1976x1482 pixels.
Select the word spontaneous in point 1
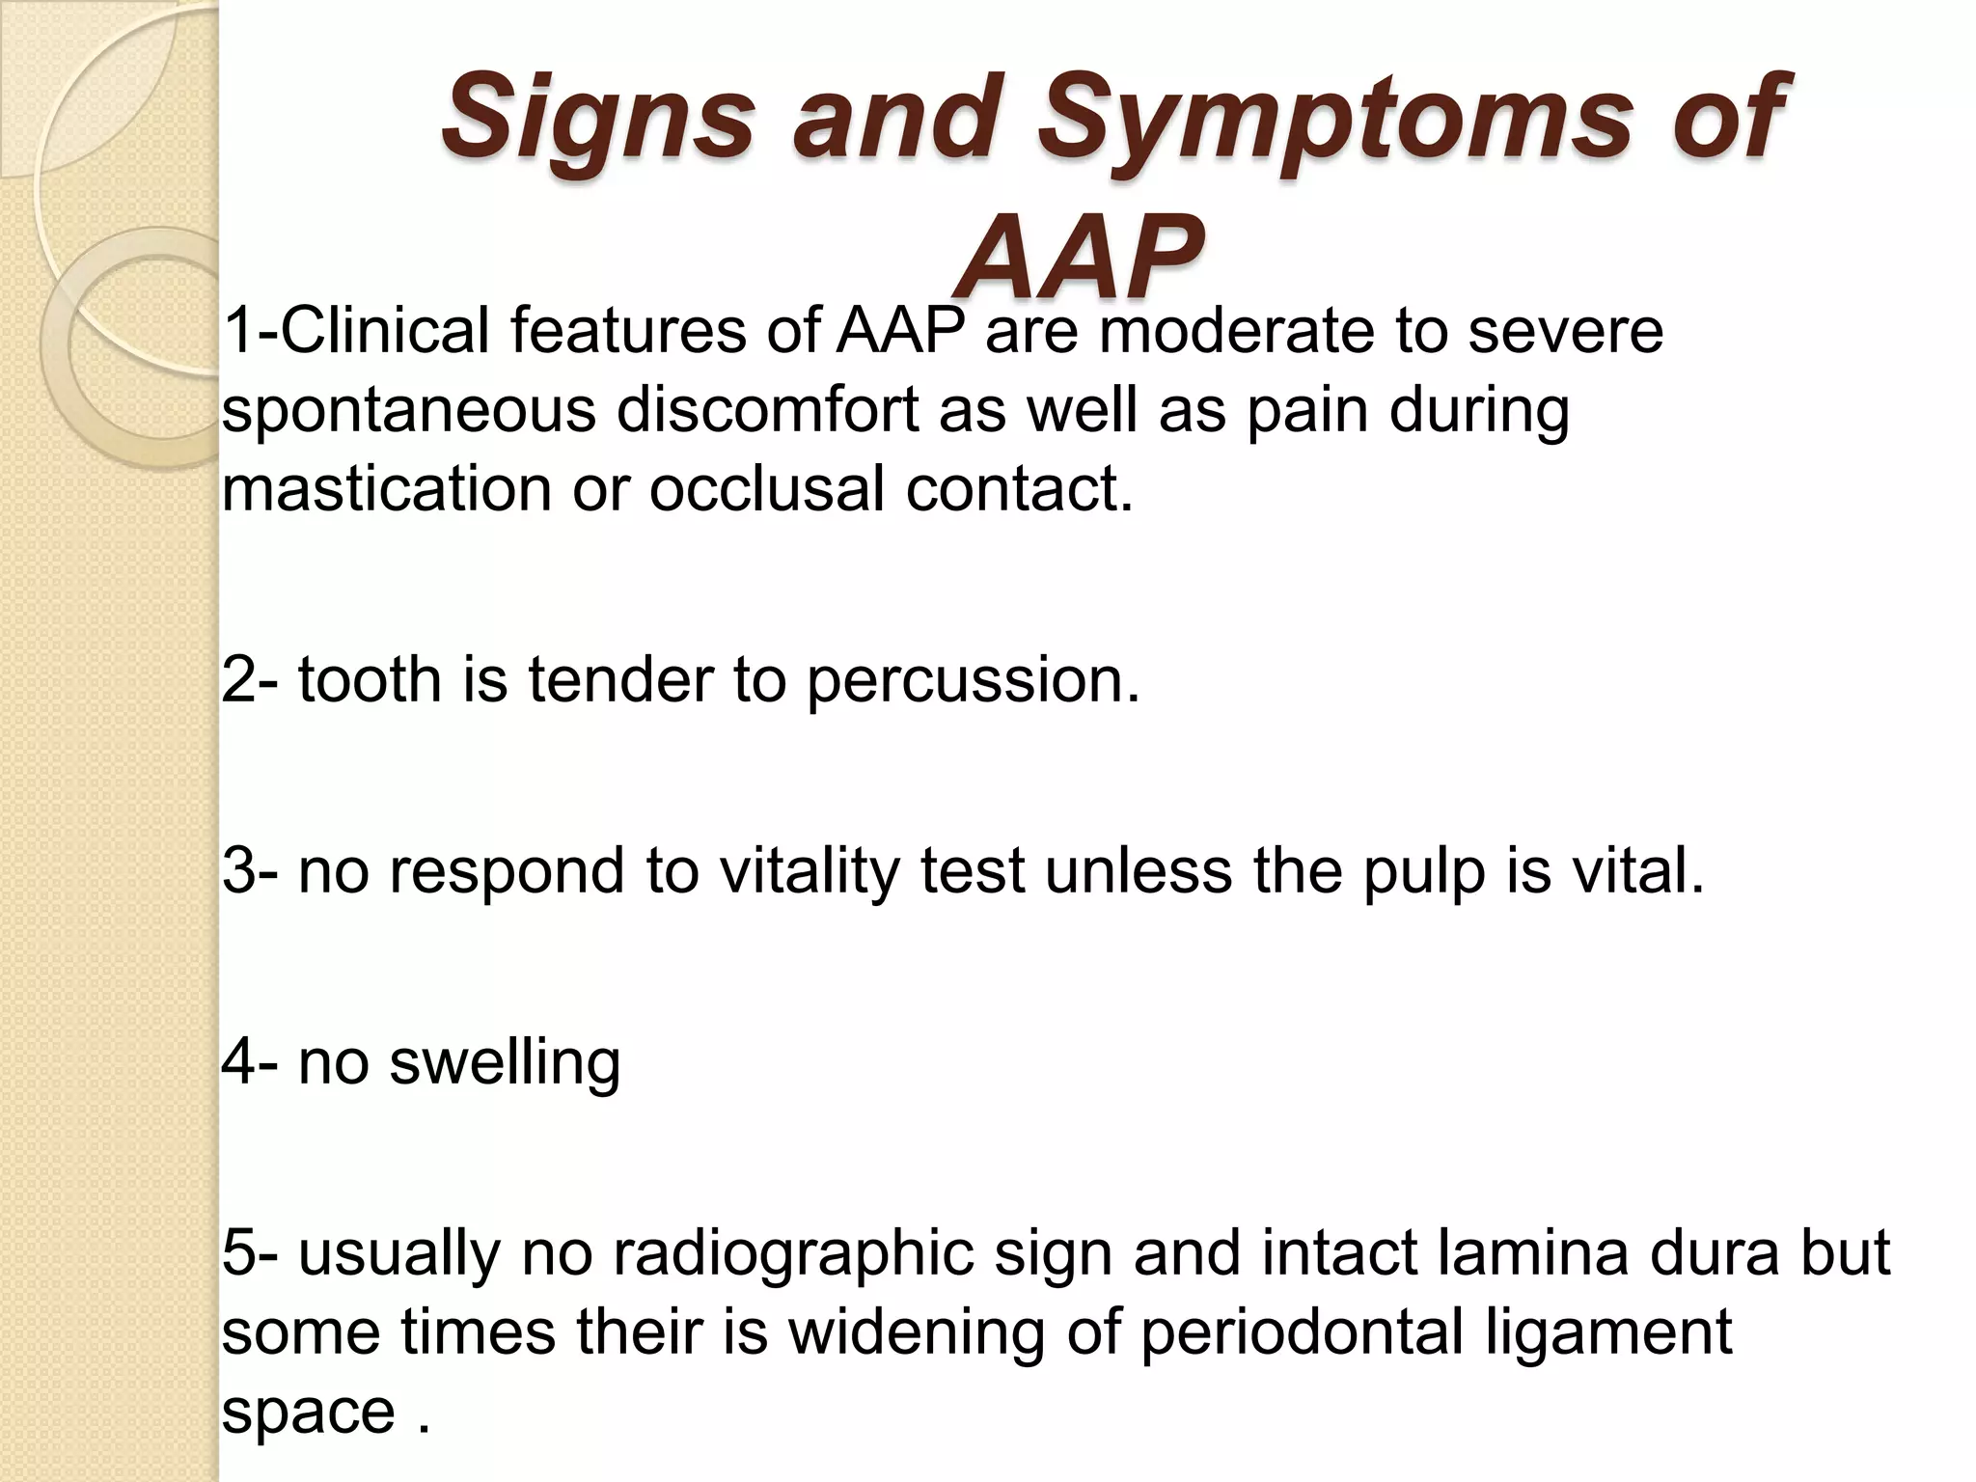[409, 410]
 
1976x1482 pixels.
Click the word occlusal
[766, 488]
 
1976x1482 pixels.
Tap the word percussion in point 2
[973, 681]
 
